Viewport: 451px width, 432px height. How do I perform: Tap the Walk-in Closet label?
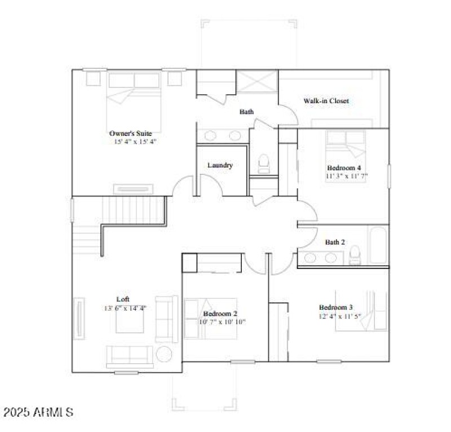coord(326,101)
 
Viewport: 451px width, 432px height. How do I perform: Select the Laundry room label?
coord(220,165)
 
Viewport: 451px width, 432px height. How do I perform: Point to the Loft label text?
coord(123,299)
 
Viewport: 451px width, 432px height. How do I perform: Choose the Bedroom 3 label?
coord(336,307)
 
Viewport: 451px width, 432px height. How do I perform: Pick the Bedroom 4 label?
coord(343,167)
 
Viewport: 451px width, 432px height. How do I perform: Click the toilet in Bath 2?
coord(355,257)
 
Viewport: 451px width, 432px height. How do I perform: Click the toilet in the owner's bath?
coord(263,164)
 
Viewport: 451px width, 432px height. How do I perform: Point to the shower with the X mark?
coord(257,81)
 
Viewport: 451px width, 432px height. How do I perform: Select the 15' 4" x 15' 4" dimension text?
coord(135,142)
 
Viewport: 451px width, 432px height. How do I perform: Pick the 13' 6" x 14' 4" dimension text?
coord(125,308)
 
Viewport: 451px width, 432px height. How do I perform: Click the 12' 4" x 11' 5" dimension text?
coord(337,316)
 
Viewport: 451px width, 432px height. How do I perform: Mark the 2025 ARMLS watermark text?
coord(38,412)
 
